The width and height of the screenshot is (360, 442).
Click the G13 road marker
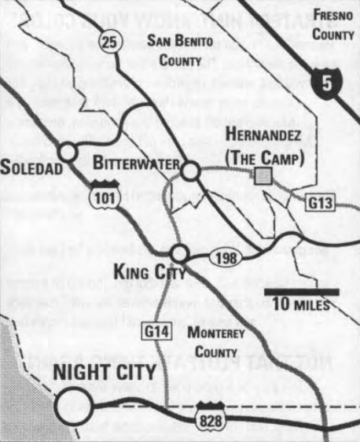(x=320, y=203)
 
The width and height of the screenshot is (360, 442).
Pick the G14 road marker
(x=154, y=330)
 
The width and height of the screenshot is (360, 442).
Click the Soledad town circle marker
(x=68, y=152)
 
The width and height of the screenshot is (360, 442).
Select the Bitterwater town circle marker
(x=189, y=171)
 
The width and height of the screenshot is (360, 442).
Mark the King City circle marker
(x=180, y=253)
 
